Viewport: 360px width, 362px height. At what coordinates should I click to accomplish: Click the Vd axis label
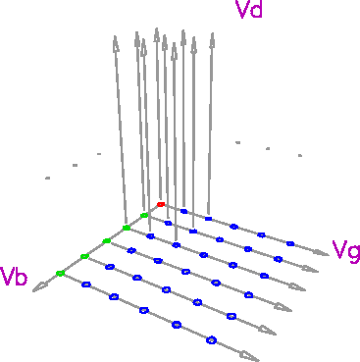[x=248, y=12]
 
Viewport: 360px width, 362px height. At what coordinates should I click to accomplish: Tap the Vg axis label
[x=346, y=250]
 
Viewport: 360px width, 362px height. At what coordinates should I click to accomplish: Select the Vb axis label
[x=14, y=276]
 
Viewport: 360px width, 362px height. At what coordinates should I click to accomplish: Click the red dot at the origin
[x=161, y=204]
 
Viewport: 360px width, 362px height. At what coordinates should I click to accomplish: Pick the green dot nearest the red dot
[x=144, y=215]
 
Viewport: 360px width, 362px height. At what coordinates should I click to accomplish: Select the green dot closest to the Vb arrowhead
[x=60, y=273]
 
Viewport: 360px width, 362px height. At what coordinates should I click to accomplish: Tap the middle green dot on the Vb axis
[x=107, y=241]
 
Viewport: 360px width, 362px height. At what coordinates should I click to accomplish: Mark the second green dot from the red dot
[x=127, y=228]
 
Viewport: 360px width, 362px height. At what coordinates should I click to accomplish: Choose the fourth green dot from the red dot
[x=84, y=256]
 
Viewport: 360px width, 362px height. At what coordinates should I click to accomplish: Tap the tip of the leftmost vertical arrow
[x=116, y=40]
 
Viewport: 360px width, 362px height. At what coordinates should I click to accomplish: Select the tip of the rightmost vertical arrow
[x=212, y=38]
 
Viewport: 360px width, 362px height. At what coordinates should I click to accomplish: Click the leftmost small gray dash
[x=47, y=178]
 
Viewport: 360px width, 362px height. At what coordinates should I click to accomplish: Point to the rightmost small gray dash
[x=300, y=154]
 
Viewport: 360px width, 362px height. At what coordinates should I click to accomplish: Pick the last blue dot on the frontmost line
[x=211, y=339]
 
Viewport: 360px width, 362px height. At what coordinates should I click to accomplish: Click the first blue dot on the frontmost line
[x=85, y=284]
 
